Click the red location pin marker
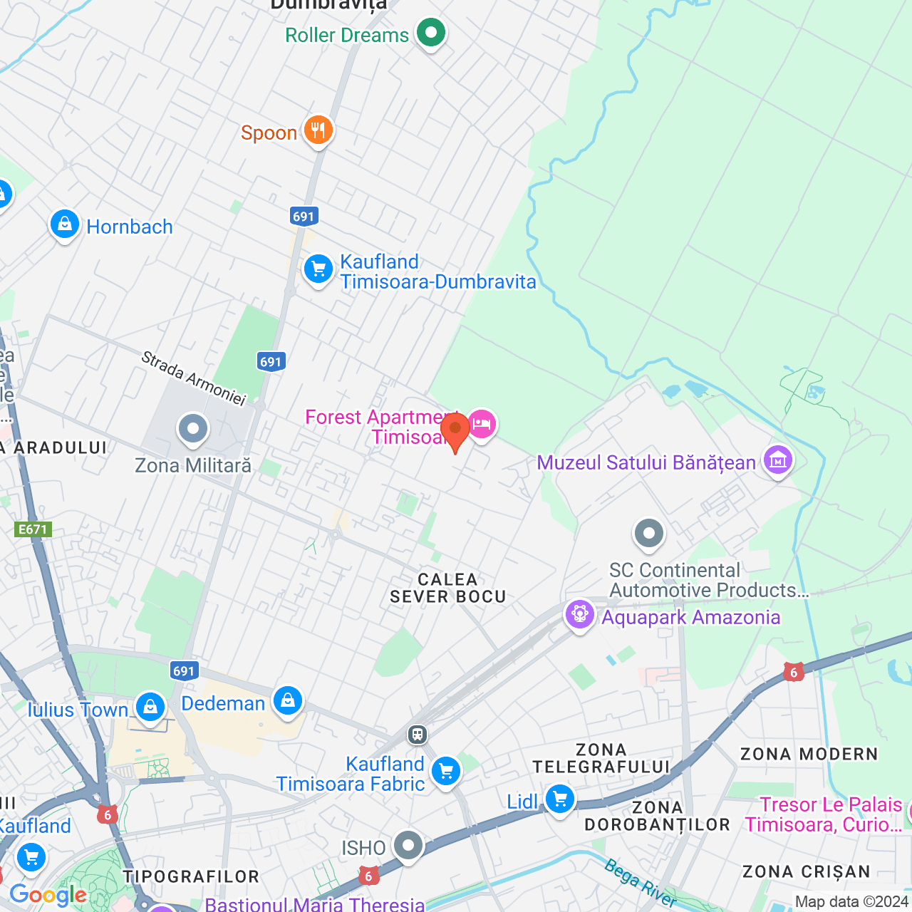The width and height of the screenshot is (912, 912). (x=455, y=430)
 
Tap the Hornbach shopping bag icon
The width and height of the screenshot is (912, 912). (x=65, y=225)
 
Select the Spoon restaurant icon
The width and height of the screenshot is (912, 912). (x=318, y=130)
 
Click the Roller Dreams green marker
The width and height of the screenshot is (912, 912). (x=430, y=33)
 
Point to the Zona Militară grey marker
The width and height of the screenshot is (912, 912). (x=193, y=430)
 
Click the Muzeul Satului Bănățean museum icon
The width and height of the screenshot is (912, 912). (x=777, y=460)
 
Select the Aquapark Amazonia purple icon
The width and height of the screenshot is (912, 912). (x=579, y=614)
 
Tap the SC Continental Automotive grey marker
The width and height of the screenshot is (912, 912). (x=648, y=534)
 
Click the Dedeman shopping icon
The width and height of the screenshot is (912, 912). (x=288, y=701)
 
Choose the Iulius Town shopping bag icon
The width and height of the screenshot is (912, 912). (x=150, y=707)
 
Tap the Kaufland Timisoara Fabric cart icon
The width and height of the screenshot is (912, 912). (x=446, y=771)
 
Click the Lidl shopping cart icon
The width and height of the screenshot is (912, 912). (x=560, y=799)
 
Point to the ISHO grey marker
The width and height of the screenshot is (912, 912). (x=408, y=846)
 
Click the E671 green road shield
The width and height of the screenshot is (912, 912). (x=33, y=529)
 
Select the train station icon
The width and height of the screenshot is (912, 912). (x=418, y=734)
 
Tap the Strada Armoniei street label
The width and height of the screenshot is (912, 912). (x=193, y=378)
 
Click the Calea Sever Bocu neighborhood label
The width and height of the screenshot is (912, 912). (x=447, y=589)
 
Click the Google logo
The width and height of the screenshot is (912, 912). (x=48, y=895)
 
